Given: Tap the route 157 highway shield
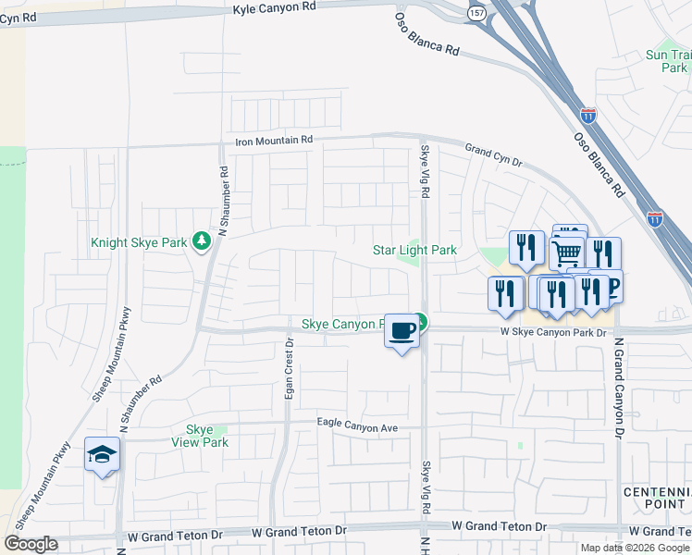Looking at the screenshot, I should [x=476, y=14].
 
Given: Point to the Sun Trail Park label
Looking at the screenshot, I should [x=668, y=61].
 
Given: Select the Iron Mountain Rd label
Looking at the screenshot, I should [x=275, y=140].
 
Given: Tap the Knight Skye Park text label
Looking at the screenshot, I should [x=139, y=244].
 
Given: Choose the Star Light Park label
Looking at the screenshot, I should [x=414, y=250].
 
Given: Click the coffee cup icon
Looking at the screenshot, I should [x=402, y=330].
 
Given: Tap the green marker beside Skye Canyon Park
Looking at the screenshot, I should [x=421, y=322].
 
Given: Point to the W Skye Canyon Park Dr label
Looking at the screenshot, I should [x=553, y=331].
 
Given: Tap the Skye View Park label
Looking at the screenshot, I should [x=200, y=436].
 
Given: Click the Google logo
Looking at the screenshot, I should [x=31, y=544].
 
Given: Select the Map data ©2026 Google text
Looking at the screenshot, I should [x=635, y=548].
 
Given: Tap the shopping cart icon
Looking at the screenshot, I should [x=565, y=252].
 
